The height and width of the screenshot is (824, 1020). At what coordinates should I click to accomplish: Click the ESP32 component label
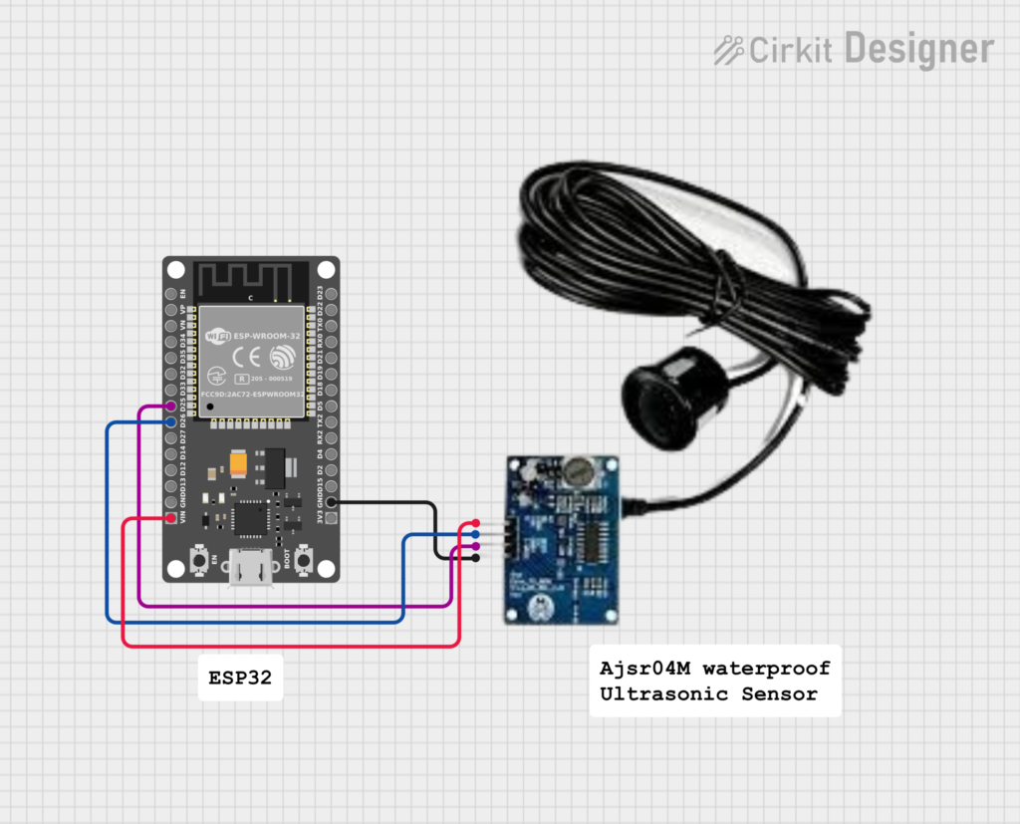point(240,679)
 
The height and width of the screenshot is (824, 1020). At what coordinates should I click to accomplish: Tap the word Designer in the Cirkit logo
point(918,48)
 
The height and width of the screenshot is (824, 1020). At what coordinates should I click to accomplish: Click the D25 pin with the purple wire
point(171,408)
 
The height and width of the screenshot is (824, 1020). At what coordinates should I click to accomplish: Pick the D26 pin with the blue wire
point(171,423)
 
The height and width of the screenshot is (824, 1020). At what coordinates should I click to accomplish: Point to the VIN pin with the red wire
point(171,518)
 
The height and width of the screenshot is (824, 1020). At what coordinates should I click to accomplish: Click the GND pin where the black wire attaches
point(331,502)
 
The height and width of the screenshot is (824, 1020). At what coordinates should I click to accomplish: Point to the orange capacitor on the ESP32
point(239,464)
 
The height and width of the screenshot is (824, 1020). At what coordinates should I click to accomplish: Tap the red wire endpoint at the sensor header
point(476,524)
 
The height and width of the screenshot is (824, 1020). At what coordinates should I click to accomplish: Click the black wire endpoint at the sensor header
point(476,558)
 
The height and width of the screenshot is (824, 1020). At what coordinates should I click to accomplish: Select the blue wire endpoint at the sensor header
point(476,535)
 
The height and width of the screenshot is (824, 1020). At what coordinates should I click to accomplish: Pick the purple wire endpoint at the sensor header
point(476,547)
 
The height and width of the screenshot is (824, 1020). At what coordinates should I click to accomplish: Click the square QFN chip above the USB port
point(248,517)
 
